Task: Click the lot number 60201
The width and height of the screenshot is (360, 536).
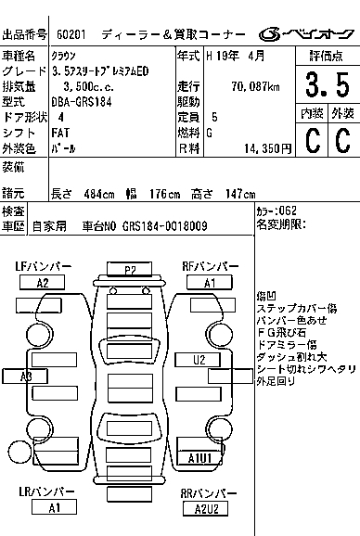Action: tap(71, 34)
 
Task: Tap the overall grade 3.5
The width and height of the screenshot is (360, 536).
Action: tap(328, 84)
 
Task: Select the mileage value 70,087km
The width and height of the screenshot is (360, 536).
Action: tap(255, 86)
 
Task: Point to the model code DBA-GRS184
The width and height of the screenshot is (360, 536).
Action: tap(82, 102)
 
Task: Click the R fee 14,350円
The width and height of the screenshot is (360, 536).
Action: tap(268, 148)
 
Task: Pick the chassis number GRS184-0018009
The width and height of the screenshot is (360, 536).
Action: tap(165, 226)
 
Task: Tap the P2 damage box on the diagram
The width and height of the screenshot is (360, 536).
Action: tap(129, 269)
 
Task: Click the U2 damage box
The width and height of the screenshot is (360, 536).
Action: tap(198, 360)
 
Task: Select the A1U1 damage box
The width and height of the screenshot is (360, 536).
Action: tap(199, 458)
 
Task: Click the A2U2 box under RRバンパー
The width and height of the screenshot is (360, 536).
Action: tap(205, 509)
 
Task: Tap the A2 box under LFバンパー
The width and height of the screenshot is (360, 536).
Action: tap(42, 283)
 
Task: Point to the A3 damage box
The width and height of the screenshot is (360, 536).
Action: tap(25, 376)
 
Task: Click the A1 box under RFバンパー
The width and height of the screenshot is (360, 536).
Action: tap(210, 283)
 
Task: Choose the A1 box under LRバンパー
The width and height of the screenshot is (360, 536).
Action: tap(54, 507)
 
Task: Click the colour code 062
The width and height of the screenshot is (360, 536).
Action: tap(288, 211)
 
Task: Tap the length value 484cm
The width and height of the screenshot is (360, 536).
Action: tap(99, 194)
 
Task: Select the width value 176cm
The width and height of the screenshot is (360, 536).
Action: tap(164, 194)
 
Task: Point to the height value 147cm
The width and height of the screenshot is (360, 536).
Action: tap(240, 194)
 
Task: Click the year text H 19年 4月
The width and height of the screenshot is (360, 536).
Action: tap(236, 56)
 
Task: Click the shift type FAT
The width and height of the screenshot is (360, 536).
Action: tap(60, 133)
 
